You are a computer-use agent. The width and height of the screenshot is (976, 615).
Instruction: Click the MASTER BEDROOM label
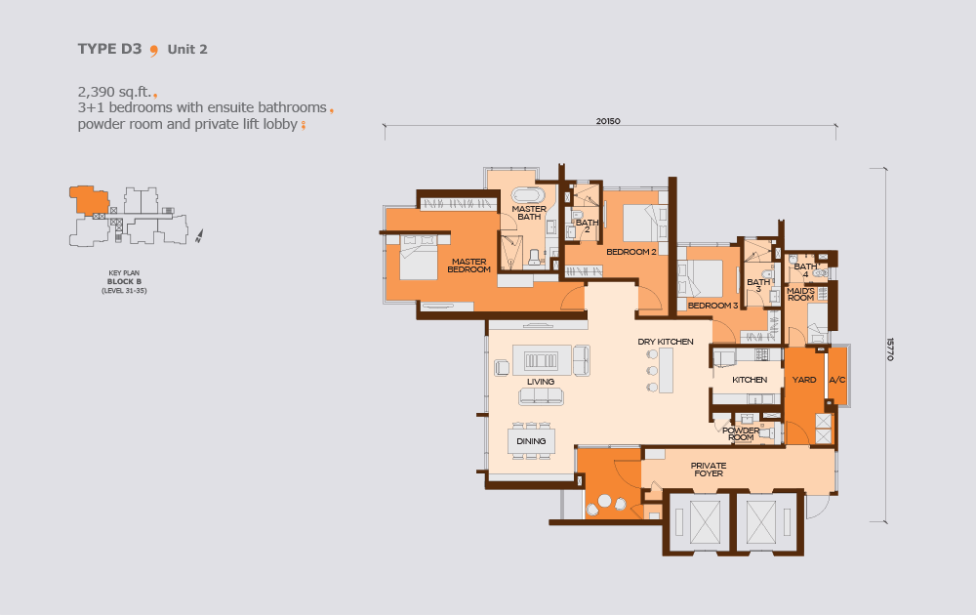click(x=468, y=266)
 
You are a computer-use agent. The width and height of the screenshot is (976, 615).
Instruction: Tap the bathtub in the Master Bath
click(x=528, y=195)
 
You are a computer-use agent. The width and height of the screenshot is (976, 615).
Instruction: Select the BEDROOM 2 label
click(x=631, y=252)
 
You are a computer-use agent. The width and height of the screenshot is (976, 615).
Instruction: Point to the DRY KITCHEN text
click(x=666, y=342)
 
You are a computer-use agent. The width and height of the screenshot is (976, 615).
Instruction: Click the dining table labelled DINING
click(x=531, y=441)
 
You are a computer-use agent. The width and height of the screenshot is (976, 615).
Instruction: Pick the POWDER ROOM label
click(x=741, y=433)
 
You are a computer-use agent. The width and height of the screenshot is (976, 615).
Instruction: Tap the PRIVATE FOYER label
click(x=709, y=470)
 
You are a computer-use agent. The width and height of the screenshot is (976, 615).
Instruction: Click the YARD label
click(x=804, y=380)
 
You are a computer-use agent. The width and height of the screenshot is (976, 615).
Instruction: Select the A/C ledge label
click(x=837, y=380)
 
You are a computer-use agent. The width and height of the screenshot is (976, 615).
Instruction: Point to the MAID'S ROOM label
click(x=800, y=295)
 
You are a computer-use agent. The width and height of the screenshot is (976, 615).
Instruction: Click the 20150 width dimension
click(x=608, y=121)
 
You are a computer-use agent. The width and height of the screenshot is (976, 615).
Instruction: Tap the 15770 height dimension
click(x=889, y=349)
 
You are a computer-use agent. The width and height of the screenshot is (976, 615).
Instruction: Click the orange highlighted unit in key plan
click(x=89, y=200)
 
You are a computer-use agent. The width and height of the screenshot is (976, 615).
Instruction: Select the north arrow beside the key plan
click(x=199, y=236)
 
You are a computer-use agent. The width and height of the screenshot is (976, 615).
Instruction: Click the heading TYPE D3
click(x=109, y=49)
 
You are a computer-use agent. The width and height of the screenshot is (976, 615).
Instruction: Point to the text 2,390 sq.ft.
click(x=114, y=92)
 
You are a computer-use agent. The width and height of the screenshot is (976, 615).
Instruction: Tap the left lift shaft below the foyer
click(x=697, y=522)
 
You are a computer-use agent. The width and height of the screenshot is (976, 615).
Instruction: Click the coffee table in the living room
click(x=541, y=360)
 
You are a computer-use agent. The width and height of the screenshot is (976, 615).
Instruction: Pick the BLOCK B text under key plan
click(x=124, y=281)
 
